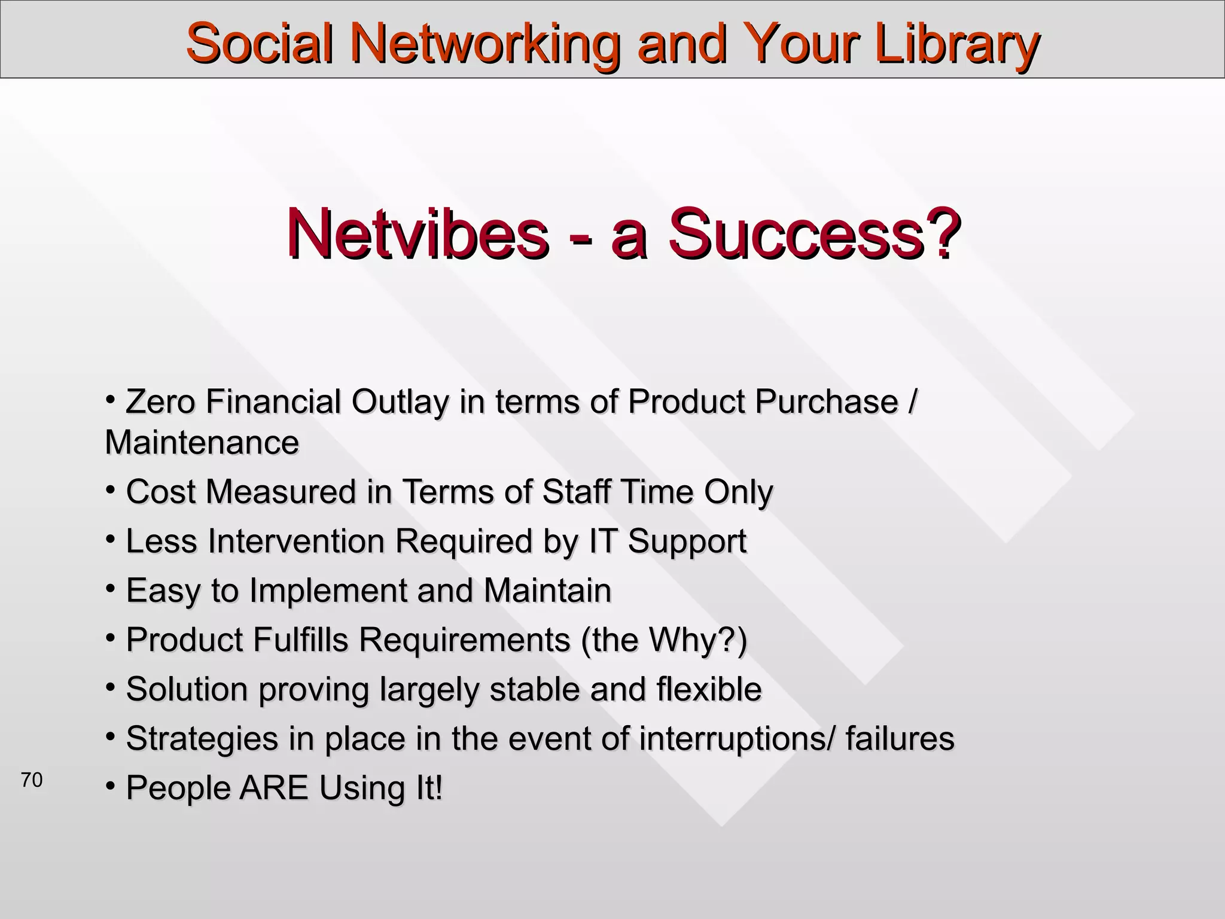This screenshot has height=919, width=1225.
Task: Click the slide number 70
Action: (32, 780)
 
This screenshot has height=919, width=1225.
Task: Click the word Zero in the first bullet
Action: (160, 401)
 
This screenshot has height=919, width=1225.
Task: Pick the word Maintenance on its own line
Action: (202, 443)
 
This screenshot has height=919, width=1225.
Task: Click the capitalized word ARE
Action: (273, 788)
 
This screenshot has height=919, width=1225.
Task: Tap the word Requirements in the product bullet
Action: (464, 640)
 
